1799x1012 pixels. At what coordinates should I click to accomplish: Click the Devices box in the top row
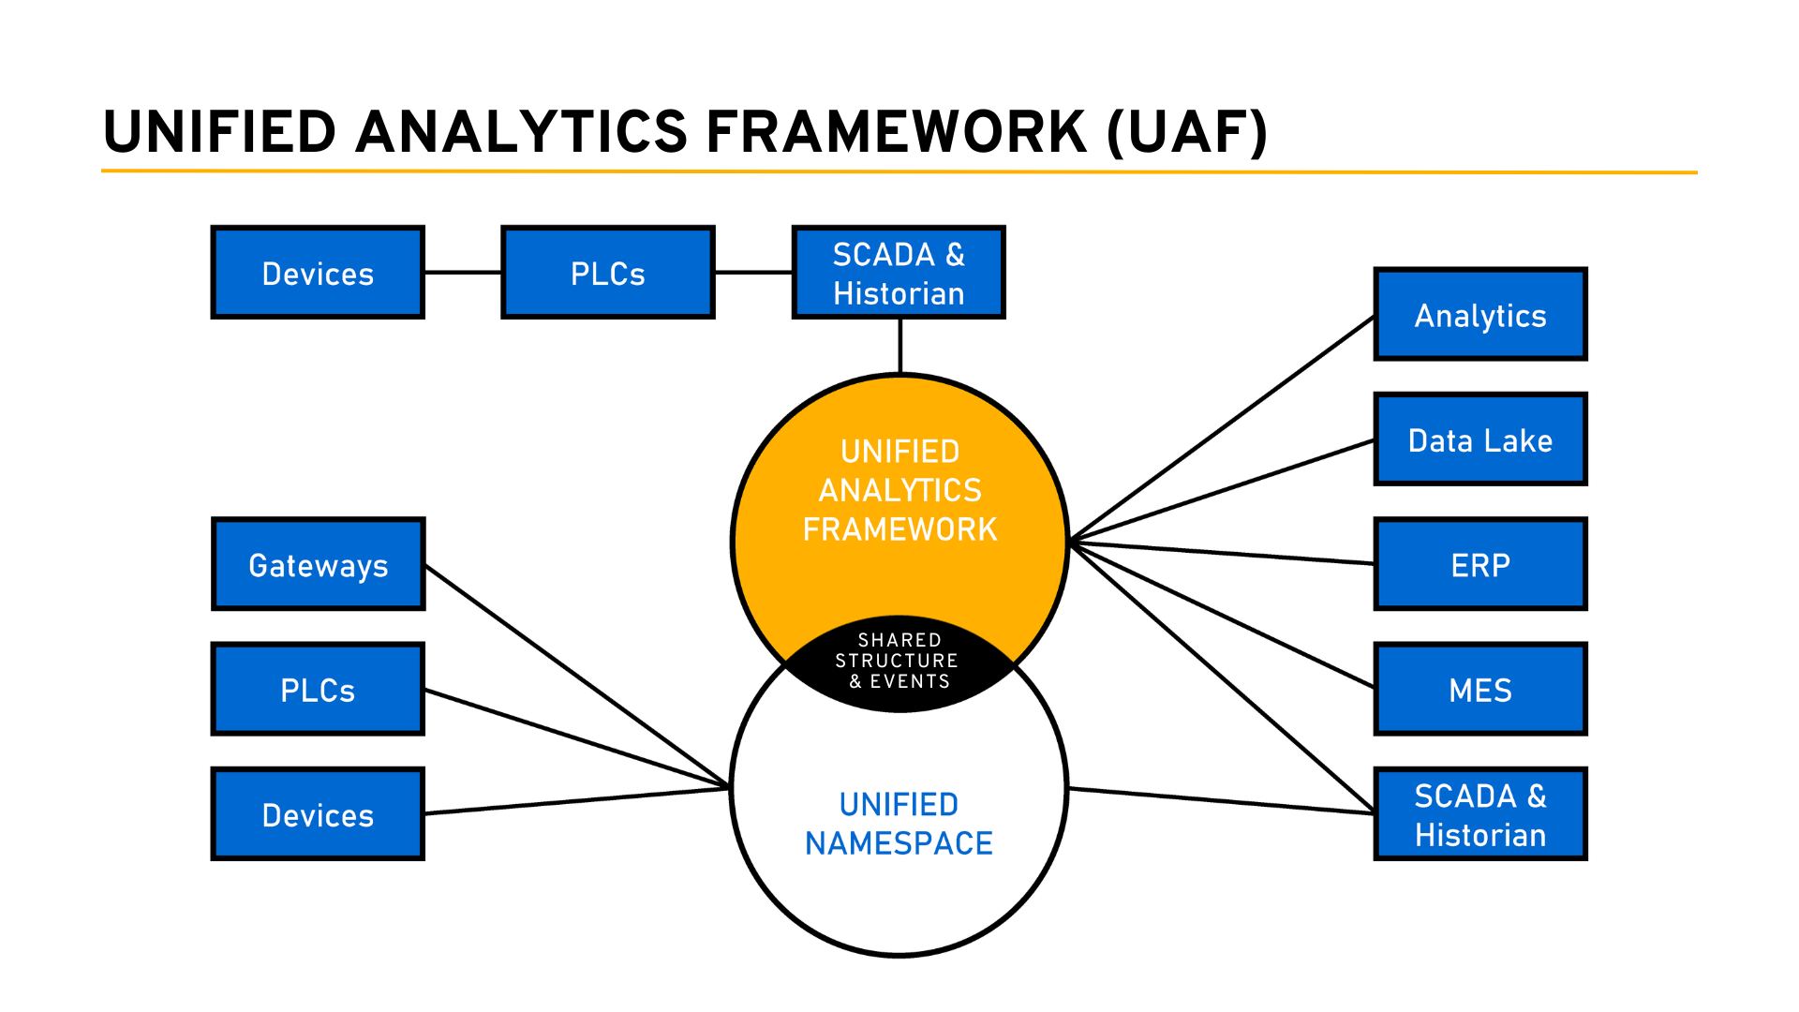318,273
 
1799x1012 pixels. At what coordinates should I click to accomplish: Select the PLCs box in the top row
607,273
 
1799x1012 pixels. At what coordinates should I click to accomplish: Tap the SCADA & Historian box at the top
898,273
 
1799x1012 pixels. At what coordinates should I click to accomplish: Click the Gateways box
318,564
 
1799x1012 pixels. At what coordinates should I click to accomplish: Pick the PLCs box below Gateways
318,690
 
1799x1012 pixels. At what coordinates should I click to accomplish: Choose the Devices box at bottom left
318,814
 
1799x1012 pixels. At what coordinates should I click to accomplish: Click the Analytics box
1479,315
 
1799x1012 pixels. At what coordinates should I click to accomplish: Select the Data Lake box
1479,439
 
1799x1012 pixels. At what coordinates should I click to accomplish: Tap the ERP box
1479,564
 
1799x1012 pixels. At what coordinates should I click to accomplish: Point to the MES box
1479,690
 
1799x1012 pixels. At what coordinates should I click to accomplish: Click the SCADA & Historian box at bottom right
1479,814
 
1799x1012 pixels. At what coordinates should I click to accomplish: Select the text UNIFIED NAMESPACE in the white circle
899,824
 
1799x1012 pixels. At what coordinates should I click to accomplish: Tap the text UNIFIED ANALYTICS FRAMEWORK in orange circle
899,490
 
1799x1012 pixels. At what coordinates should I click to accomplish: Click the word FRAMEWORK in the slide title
896,131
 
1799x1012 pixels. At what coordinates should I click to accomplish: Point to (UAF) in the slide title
1187,131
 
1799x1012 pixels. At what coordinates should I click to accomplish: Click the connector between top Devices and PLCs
463,273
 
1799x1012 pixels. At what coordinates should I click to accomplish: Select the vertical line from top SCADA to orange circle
899,346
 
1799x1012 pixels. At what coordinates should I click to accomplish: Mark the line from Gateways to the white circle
576,675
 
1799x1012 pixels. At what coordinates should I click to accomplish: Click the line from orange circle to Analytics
1223,428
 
